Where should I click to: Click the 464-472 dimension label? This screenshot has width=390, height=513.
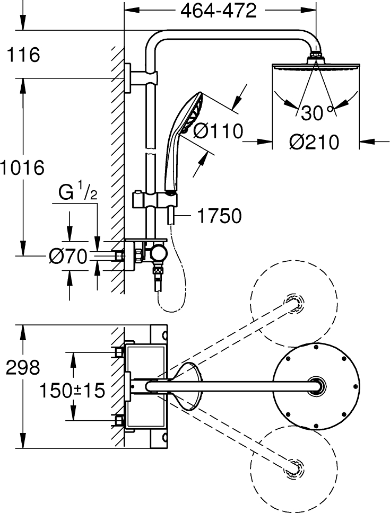pyautogui.click(x=219, y=12)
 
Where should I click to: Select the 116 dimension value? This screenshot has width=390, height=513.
pyautogui.click(x=23, y=55)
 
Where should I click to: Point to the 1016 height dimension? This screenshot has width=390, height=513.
pyautogui.click(x=22, y=168)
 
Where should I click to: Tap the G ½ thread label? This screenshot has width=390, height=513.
pyautogui.click(x=78, y=193)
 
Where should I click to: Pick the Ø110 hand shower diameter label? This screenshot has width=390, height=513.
pyautogui.click(x=218, y=131)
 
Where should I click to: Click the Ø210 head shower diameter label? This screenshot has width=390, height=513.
pyautogui.click(x=314, y=143)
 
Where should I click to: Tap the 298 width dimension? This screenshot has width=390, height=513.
pyautogui.click(x=23, y=367)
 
